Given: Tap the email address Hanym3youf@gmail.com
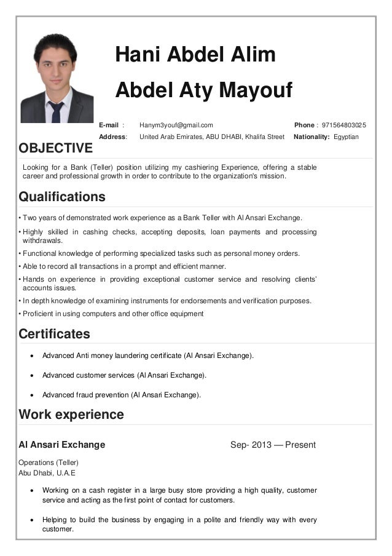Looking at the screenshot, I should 176,125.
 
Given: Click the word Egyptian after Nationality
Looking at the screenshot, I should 346,137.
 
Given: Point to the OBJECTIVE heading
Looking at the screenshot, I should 56,148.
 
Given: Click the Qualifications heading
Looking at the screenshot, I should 62,197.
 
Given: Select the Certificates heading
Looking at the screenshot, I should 54,334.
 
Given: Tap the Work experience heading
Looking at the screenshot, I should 71,415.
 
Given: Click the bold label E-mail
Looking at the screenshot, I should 109,125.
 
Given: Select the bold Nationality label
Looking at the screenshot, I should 312,137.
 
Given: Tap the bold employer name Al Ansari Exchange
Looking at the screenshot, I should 62,445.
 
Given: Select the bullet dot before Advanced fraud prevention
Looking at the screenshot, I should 33,395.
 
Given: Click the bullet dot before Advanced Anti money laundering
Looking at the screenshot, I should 33,355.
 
